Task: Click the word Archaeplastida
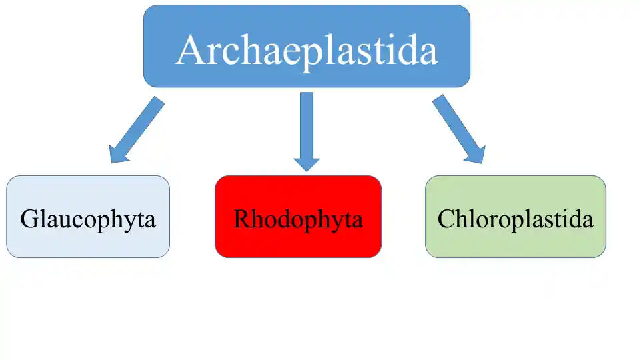307,52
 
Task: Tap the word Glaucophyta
88,220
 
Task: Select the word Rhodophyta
298,220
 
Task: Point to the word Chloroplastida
515,219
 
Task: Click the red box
298,217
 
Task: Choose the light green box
516,217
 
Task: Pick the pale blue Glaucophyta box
88,217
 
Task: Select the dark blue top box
307,46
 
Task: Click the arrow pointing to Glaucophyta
137,130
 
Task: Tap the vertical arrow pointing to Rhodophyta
307,131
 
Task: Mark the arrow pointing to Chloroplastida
459,129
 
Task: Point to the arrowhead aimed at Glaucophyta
118,155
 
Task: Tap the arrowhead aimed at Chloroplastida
476,155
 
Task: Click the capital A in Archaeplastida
191,50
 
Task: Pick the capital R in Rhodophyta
243,219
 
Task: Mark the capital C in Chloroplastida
446,219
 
